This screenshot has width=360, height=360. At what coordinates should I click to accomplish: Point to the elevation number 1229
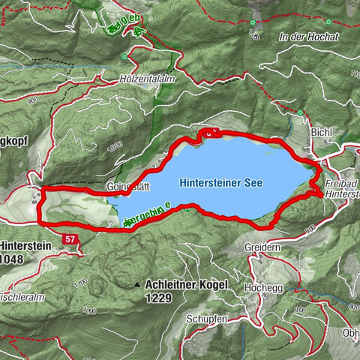click(160, 298)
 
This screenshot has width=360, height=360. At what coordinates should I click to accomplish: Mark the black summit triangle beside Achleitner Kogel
click(137, 286)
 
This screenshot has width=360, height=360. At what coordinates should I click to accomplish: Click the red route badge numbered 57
click(70, 238)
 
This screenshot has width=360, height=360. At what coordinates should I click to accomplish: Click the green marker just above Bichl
click(300, 114)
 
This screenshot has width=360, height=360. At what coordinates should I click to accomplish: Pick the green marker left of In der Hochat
click(254, 22)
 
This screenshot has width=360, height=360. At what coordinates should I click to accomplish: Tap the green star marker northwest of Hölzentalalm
click(138, 31)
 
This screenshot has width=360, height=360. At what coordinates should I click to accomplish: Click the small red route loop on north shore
click(208, 133)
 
